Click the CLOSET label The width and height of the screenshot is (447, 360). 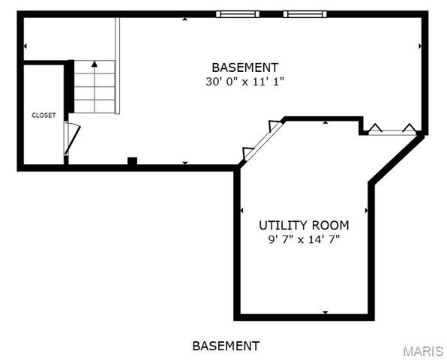[43, 115]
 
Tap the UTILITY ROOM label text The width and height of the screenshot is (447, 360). [304, 225]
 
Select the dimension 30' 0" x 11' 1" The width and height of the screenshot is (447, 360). [244, 81]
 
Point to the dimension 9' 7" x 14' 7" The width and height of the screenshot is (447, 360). [304, 240]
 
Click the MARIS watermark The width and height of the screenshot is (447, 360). [423, 351]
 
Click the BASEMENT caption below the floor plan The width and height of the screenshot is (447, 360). [226, 346]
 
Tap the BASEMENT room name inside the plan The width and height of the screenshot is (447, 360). [244, 67]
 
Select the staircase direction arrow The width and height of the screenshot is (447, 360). [94, 65]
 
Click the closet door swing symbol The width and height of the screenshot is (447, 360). [70, 138]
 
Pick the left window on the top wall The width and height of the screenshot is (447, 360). [237, 13]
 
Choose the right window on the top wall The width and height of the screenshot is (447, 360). [305, 13]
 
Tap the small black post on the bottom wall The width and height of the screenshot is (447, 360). [132, 160]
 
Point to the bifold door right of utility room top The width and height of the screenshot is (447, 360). [389, 130]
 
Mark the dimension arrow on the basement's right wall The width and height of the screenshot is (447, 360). [419, 46]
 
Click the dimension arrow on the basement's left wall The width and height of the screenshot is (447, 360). [25, 46]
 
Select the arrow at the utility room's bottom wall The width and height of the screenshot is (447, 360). [325, 312]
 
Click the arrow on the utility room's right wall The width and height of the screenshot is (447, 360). [366, 210]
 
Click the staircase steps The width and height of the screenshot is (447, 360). [94, 88]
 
